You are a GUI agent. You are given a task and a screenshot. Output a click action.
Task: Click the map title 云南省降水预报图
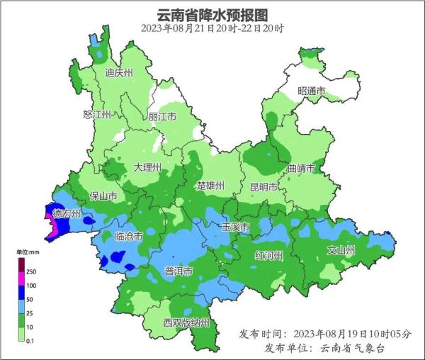[212, 14]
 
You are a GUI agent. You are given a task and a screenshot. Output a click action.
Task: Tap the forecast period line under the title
[212, 28]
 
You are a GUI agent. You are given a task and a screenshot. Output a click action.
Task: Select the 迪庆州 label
[118, 73]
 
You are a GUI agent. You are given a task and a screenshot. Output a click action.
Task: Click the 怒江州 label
[97, 115]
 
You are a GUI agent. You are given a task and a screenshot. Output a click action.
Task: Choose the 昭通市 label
[311, 91]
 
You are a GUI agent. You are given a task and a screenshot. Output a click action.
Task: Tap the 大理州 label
[147, 168]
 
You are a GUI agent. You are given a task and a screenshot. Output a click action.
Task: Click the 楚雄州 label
[210, 186]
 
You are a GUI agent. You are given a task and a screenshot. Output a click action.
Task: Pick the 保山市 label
[102, 196]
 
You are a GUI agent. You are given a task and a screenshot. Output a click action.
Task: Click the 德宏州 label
[67, 214]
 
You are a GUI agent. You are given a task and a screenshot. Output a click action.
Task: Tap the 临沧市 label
[129, 236]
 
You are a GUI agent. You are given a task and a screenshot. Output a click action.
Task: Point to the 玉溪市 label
[234, 227]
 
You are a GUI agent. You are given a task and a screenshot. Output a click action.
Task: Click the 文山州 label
[340, 250]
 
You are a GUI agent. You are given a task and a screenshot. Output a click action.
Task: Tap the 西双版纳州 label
[186, 323]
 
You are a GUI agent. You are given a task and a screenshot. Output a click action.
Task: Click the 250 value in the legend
[31, 271]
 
